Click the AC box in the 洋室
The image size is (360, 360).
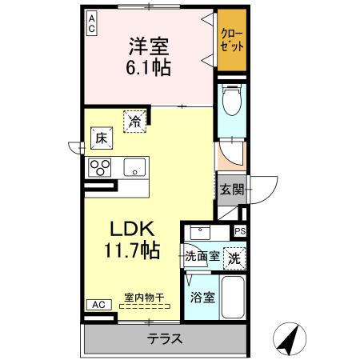[x=92, y=23]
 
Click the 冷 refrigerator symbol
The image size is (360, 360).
[x=134, y=121]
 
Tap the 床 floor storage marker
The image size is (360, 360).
[x=102, y=138]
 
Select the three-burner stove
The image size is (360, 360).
[x=102, y=166]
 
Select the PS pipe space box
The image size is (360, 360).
[x=239, y=231]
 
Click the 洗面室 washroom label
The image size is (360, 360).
[x=201, y=257]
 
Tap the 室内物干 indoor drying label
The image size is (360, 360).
[x=144, y=298]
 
